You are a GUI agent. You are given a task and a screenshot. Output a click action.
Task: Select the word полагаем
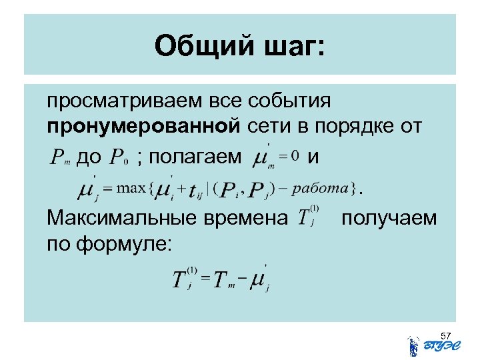tap(194, 158)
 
